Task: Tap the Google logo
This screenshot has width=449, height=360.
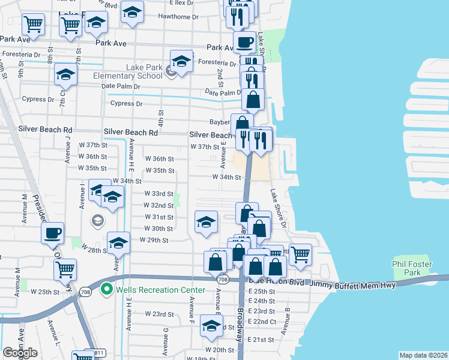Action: click(20, 353)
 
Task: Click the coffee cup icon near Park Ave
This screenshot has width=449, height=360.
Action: click(244, 43)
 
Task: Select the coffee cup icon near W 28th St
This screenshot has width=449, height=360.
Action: click(52, 232)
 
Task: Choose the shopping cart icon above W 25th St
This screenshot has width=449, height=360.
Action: click(65, 269)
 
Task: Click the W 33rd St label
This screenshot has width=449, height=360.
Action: click(158, 194)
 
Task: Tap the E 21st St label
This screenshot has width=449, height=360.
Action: click(262, 340)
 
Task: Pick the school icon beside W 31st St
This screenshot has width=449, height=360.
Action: click(206, 221)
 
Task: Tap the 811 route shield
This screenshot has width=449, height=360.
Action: click(91, 353)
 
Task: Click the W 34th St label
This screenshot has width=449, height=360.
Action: click(226, 177)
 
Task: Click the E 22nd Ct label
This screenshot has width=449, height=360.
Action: click(264, 322)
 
